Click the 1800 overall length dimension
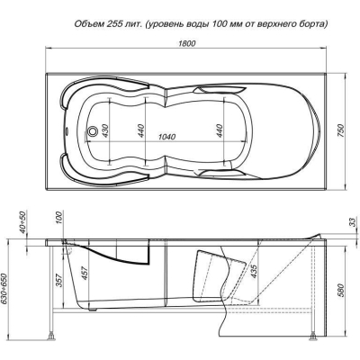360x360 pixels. pyautogui.click(x=187, y=43)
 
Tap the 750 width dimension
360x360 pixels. pyautogui.click(x=342, y=130)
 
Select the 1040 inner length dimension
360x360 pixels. pyautogui.click(x=166, y=137)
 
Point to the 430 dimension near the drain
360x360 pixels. pyautogui.click(x=105, y=130)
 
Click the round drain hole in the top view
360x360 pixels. pyautogui.click(x=92, y=131)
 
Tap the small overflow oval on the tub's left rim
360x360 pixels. pyautogui.click(x=67, y=130)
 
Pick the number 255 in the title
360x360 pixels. pyautogui.click(x=112, y=23)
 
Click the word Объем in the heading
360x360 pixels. pyautogui.click(x=89, y=23)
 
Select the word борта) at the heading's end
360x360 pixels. pyautogui.click(x=312, y=24)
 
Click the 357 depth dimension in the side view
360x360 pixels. pyautogui.click(x=60, y=280)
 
